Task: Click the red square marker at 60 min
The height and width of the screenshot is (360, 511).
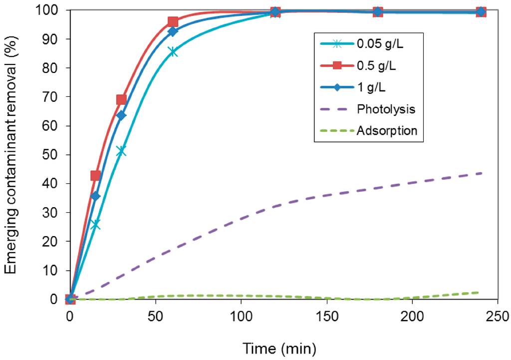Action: coord(173,22)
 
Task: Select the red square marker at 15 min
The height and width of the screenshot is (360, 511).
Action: coord(95,176)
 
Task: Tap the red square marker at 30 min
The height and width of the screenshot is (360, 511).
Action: coord(121,100)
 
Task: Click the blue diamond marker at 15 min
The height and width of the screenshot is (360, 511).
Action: coord(95,196)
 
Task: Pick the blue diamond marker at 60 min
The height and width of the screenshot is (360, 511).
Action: coord(173,31)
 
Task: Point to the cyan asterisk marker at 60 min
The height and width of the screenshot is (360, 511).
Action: coord(173,51)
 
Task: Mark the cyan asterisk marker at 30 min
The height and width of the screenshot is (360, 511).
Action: coord(121,151)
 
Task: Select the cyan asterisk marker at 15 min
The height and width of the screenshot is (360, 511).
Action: coord(95,225)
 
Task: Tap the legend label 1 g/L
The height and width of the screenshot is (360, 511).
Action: coord(371,87)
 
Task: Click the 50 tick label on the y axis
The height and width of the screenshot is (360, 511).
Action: coord(54,155)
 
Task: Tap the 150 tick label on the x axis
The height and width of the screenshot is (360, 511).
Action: coord(326,317)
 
